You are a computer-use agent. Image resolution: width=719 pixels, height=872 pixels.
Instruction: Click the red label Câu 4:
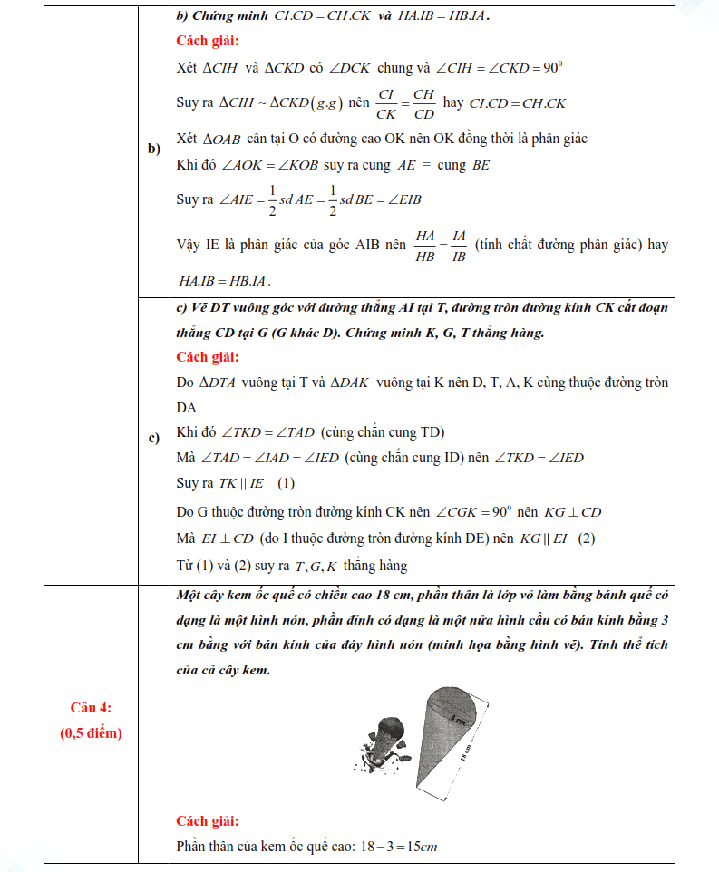90,707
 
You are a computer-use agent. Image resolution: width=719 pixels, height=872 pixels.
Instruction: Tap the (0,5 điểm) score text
90,733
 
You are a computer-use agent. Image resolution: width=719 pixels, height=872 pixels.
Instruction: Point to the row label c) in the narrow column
154,439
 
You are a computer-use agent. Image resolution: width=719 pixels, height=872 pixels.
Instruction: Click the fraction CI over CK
386,103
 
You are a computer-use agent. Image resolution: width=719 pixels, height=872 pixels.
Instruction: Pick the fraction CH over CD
423,103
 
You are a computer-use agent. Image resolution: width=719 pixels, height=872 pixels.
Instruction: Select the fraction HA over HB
425,246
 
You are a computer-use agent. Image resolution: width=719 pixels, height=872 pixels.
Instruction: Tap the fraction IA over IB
459,246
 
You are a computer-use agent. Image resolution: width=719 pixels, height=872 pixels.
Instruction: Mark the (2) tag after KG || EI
586,538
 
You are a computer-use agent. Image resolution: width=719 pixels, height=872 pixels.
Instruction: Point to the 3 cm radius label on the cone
459,716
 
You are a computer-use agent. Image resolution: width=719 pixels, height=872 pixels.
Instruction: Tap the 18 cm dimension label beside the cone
465,754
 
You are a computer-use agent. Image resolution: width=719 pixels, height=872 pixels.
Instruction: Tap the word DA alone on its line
186,408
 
